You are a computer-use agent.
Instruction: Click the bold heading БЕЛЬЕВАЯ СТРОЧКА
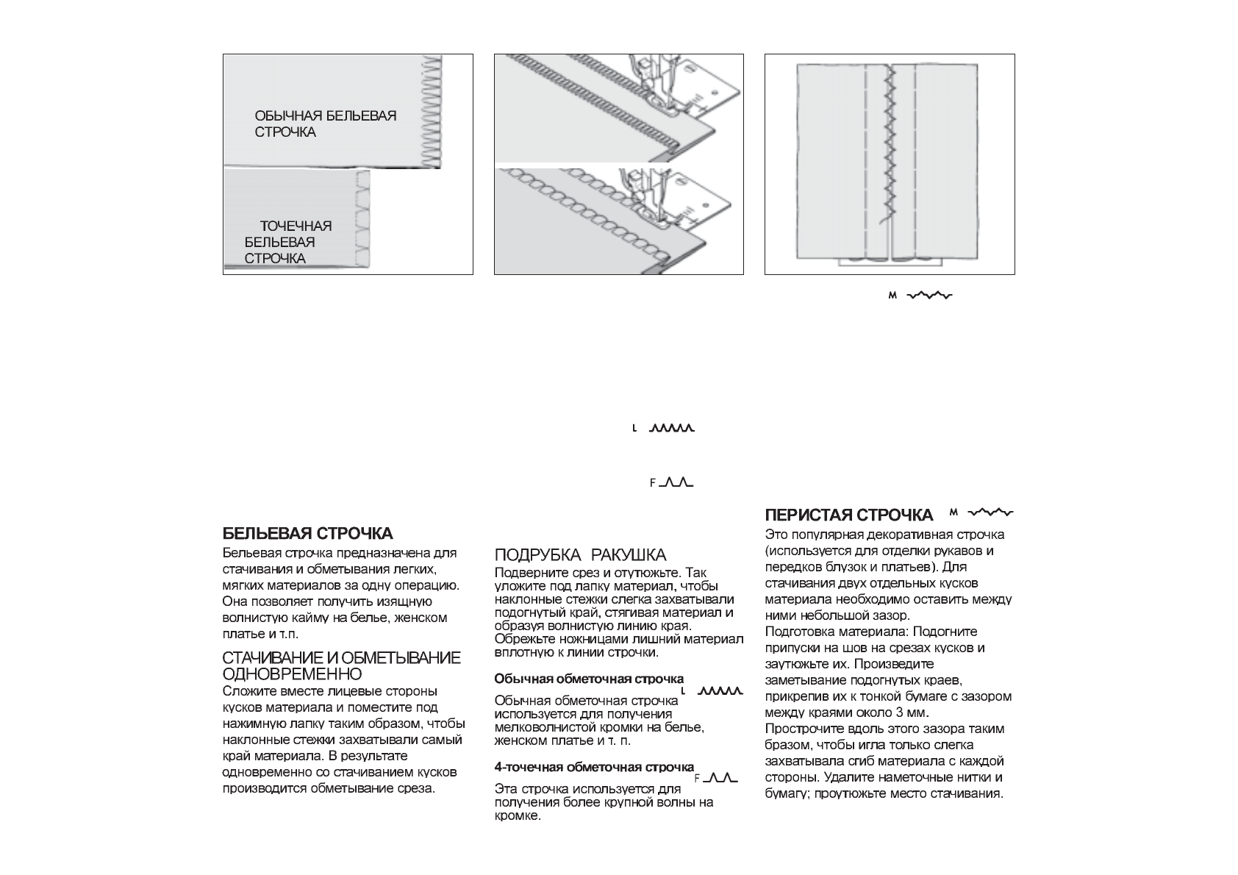[x=307, y=533]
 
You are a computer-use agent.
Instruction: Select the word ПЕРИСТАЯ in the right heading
[x=809, y=515]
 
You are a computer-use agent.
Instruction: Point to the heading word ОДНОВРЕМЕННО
[x=292, y=674]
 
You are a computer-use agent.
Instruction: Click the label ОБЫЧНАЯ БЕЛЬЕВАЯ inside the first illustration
[x=325, y=116]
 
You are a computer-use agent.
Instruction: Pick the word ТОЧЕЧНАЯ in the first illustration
[x=296, y=226]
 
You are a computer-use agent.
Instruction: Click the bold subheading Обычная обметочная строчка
[x=589, y=679]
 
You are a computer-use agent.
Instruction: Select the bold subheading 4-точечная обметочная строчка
[x=594, y=768]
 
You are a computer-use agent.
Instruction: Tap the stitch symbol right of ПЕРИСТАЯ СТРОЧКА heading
[x=990, y=512]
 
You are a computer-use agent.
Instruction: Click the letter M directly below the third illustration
[x=893, y=296]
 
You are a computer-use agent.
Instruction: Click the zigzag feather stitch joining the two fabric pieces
[x=890, y=147]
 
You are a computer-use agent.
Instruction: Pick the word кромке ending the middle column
[x=518, y=816]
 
